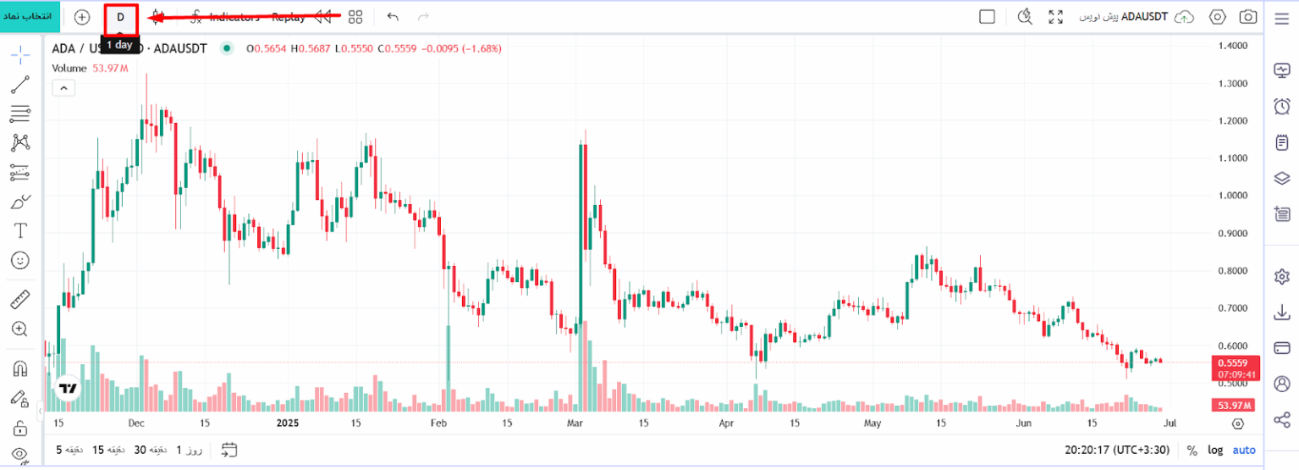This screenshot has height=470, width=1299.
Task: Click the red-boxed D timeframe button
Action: [121, 17]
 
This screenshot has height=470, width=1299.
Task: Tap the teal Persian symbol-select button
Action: [30, 17]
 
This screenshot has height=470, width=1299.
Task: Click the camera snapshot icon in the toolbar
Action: [1247, 17]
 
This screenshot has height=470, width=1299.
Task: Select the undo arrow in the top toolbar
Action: [393, 17]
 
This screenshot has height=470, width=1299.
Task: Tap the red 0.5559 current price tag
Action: [1236, 361]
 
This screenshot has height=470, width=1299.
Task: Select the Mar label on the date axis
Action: [575, 423]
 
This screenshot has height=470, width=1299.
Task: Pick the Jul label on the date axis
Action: [1170, 423]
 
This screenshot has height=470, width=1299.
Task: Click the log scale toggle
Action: [1215, 451]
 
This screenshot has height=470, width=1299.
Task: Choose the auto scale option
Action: [1244, 451]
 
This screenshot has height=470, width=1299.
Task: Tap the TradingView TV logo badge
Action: [68, 389]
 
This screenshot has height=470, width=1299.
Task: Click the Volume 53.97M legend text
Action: [90, 68]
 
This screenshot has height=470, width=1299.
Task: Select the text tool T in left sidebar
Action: [20, 230]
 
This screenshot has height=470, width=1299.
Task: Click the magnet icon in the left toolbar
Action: [20, 368]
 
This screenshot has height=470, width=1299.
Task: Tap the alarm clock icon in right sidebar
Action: [1281, 107]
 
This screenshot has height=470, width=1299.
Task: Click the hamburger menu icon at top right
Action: [1281, 19]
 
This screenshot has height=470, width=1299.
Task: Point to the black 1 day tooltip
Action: [119, 45]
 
